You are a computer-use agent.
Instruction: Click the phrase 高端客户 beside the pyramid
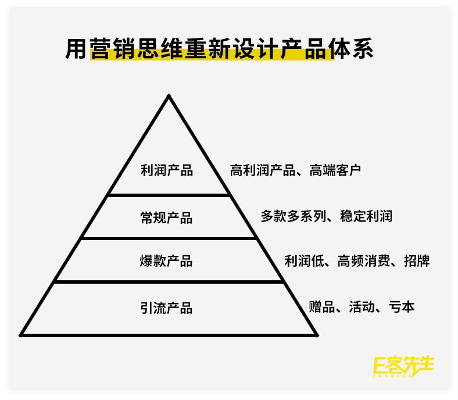click(335, 170)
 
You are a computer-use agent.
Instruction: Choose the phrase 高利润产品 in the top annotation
click(263, 170)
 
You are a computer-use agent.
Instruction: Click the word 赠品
click(321, 306)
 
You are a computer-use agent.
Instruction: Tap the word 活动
click(362, 306)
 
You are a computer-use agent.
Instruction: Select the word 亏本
click(402, 306)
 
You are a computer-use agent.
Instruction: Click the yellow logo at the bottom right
click(403, 365)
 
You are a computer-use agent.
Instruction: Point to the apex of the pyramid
click(169, 96)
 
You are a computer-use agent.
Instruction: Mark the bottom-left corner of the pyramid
click(21, 335)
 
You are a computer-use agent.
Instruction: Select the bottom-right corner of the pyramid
click(317, 335)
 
